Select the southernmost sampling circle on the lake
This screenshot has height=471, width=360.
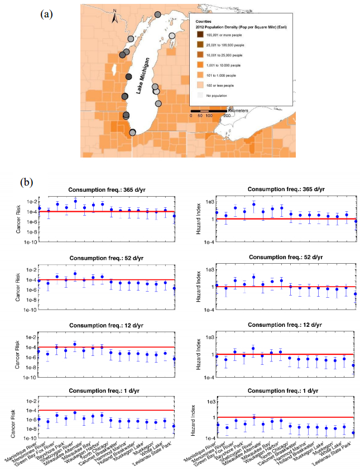(132, 132)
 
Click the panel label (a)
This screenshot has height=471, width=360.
(47, 13)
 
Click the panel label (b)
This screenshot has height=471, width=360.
(27, 182)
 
